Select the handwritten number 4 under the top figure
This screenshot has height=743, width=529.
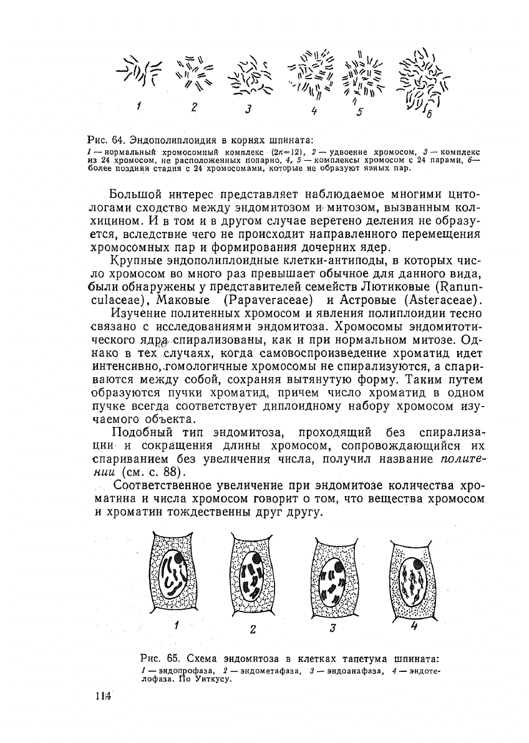click(314, 111)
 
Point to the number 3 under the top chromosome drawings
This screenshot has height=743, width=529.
click(248, 110)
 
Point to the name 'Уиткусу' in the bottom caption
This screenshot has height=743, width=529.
click(216, 679)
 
